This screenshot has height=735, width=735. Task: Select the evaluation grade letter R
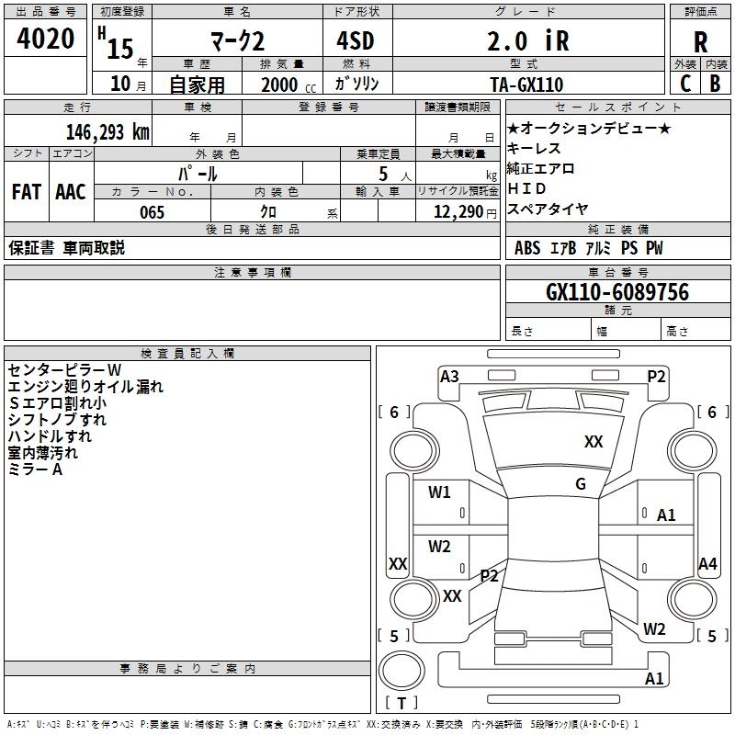coord(700,42)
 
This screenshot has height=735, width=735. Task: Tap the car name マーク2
coord(235,41)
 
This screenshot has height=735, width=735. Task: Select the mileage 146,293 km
coord(107,131)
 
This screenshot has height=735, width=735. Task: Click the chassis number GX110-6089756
coord(616,292)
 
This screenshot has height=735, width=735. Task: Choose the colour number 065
coord(152,212)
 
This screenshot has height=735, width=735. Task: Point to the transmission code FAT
coord(26,192)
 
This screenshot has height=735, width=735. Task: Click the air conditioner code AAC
coord(71,192)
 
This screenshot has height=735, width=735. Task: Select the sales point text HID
coord(527,188)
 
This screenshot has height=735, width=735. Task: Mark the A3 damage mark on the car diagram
coord(449,376)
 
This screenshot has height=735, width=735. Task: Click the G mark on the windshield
coord(581,484)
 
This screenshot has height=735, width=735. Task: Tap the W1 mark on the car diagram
coord(440,492)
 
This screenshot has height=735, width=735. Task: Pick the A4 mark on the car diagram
coord(707,564)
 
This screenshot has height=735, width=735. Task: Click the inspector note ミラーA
coord(35,469)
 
